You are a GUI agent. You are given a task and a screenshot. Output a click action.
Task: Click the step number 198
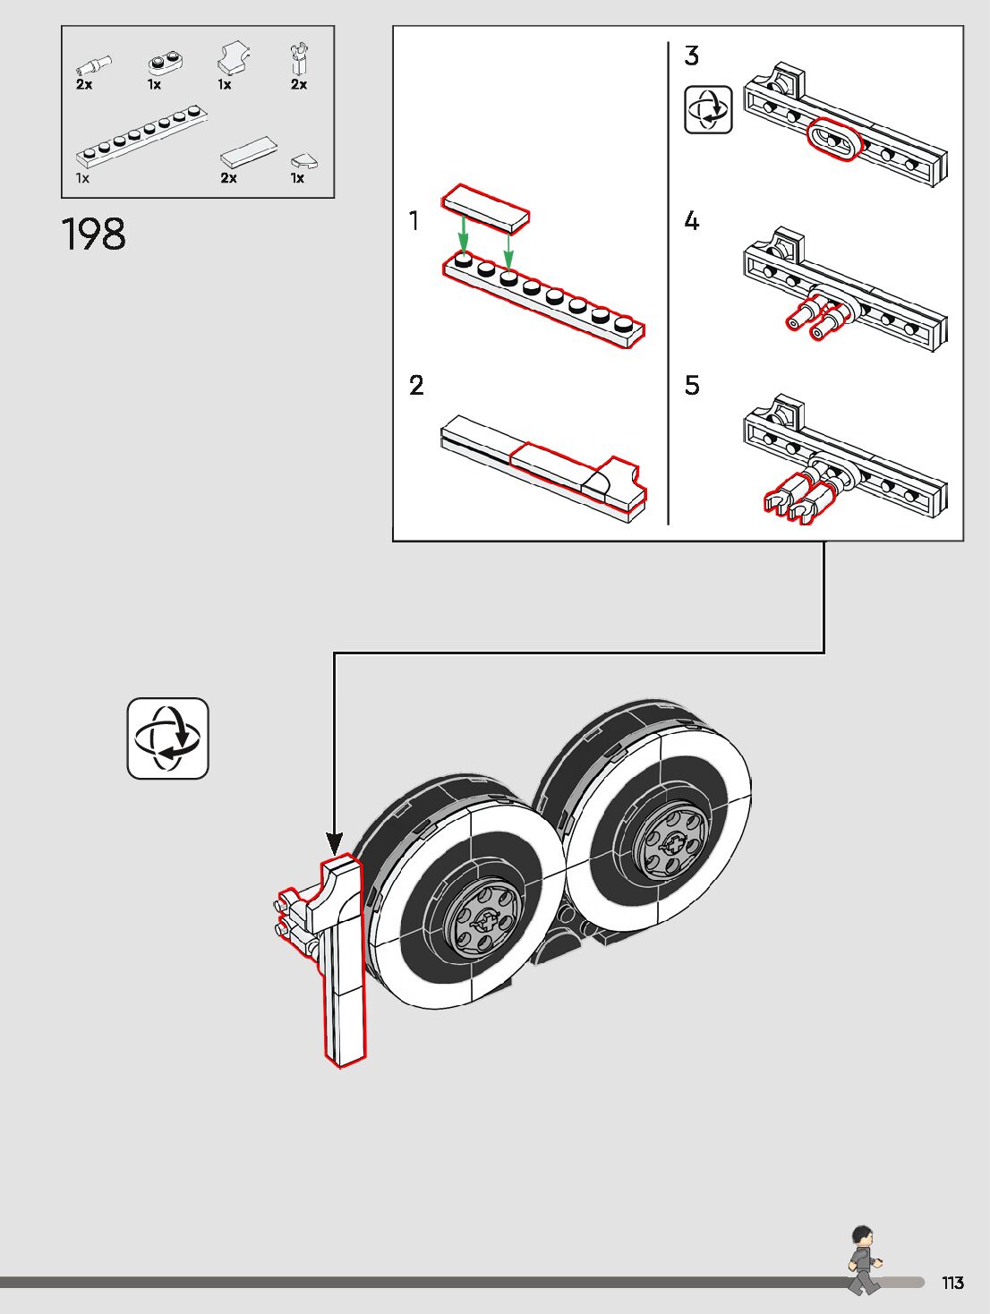(94, 235)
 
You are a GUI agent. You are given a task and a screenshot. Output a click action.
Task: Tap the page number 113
(952, 1283)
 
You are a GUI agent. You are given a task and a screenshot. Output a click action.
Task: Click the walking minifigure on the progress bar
(864, 1260)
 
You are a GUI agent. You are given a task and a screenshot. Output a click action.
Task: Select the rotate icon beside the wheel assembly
(167, 738)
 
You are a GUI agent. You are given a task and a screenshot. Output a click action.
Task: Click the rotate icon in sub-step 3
(708, 109)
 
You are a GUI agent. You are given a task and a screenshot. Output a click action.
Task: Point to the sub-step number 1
(414, 220)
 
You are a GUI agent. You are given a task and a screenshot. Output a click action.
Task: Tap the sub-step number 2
(416, 386)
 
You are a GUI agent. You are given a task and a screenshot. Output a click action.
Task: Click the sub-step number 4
(691, 221)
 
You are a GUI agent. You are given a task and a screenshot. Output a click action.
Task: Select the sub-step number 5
(692, 386)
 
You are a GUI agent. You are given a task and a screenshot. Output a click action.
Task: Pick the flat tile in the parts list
(249, 151)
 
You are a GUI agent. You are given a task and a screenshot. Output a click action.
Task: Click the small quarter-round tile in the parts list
(303, 161)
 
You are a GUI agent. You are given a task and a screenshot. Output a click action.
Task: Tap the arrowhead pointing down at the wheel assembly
(334, 843)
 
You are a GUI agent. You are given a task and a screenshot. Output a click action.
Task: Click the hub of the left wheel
(484, 918)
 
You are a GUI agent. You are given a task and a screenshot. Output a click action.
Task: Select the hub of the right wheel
(671, 841)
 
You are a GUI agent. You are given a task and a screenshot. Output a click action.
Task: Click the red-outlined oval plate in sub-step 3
(834, 141)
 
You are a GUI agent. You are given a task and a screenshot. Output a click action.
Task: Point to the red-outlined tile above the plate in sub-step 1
(485, 208)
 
